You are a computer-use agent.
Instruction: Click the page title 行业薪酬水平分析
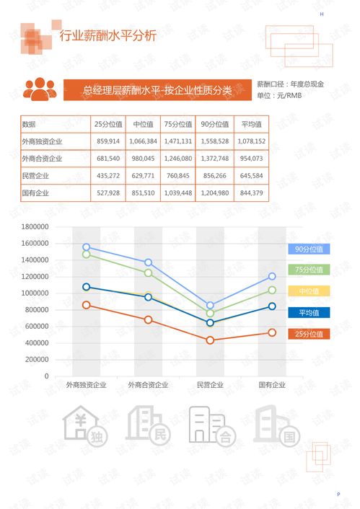107,37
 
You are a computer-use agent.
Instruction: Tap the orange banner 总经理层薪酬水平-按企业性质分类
157,90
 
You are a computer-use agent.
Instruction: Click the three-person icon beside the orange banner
40,89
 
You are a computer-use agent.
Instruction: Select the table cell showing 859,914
107,141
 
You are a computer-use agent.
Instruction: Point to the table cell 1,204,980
214,192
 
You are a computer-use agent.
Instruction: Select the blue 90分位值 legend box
309,249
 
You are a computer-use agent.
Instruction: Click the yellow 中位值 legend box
309,291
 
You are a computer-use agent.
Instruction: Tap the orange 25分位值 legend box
309,334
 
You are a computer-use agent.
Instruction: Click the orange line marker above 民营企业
210,340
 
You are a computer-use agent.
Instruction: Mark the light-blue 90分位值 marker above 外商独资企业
86,247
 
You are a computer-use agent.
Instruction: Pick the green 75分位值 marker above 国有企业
272,290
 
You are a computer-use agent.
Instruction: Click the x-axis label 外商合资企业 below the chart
148,385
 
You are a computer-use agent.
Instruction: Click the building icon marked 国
273,425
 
